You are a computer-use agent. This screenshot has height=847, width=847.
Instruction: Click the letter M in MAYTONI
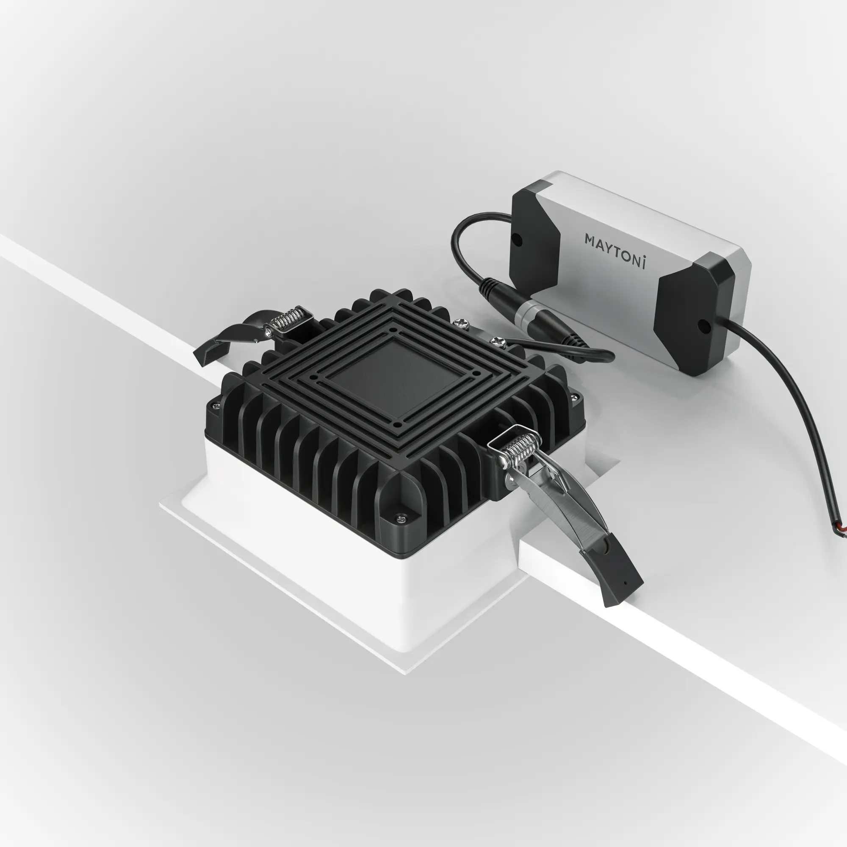(x=590, y=240)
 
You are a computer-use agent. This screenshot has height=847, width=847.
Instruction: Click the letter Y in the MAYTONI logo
(x=608, y=247)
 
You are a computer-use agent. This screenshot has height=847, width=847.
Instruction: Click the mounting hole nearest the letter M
(x=518, y=240)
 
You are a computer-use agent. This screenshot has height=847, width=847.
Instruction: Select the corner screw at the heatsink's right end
(x=574, y=397)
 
